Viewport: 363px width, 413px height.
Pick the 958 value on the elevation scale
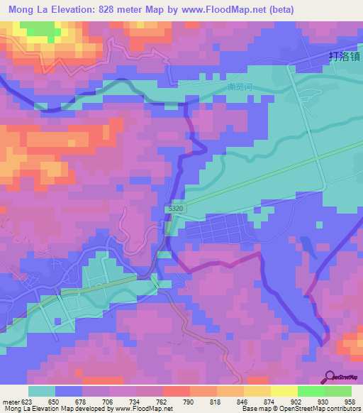[351, 401]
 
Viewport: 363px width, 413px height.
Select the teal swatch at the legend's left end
[42, 391]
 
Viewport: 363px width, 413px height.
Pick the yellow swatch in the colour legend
[284, 391]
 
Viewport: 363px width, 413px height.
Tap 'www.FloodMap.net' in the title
[216, 9]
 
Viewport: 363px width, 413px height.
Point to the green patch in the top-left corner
[39, 29]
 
